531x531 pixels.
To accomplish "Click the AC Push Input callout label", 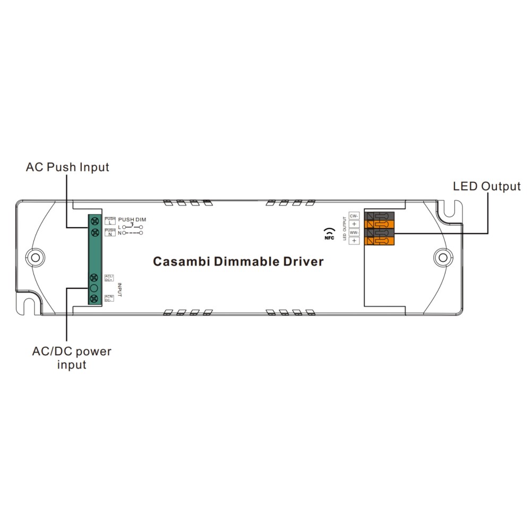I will [67, 167].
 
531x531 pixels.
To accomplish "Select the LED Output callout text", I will [486, 186].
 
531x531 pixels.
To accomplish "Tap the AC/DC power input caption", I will [72, 358].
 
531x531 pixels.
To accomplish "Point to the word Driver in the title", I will [304, 262].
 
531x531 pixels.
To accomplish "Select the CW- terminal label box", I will [354, 216].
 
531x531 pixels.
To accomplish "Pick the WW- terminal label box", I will [354, 233].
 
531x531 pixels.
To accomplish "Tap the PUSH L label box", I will [110, 220].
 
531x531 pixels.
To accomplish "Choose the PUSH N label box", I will [110, 232].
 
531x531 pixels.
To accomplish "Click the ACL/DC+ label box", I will [109, 277].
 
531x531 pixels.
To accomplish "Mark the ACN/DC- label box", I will [109, 298].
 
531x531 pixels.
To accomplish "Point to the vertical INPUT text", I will [119, 289].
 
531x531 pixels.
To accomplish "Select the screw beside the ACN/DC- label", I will [95, 298].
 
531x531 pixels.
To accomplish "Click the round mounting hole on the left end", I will [35, 257].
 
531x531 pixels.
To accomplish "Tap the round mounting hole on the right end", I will [441, 258].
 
